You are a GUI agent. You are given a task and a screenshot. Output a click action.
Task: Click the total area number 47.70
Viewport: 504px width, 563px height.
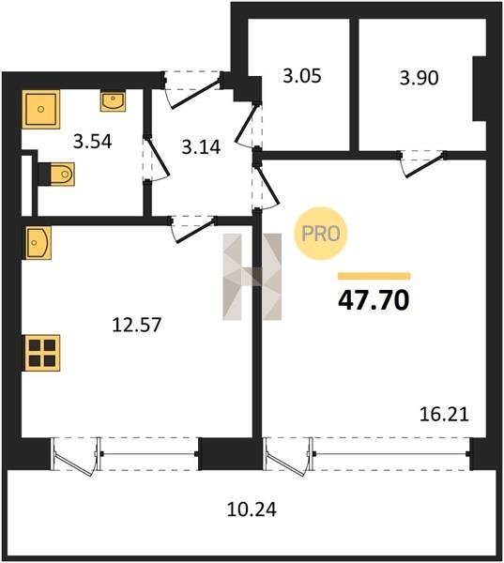[374, 300]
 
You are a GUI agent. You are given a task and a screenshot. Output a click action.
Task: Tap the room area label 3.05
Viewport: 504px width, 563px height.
[302, 76]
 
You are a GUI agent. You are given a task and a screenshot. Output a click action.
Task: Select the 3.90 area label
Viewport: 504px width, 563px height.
[419, 78]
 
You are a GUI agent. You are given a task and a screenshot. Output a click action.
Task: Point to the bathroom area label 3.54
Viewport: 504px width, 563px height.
[92, 141]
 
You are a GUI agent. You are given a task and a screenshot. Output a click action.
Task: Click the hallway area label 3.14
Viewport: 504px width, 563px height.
[201, 147]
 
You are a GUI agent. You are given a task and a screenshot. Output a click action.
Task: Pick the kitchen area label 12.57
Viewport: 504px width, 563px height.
[136, 325]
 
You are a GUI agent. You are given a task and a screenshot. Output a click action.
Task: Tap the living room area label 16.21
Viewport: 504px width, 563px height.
[444, 415]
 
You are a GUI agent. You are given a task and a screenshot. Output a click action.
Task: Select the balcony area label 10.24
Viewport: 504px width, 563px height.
[252, 510]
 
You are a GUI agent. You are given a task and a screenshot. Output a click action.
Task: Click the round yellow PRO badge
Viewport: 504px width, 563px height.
[321, 234]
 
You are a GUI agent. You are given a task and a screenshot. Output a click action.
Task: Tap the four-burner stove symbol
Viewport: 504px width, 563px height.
[41, 353]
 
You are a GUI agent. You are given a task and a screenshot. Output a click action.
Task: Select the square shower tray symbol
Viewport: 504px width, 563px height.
[40, 109]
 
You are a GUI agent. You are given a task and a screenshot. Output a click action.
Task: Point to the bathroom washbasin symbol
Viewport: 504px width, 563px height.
[113, 101]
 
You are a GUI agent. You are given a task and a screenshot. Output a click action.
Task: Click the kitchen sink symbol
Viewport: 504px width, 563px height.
[37, 242]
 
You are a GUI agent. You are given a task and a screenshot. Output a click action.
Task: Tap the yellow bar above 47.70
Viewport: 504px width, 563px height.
[374, 276]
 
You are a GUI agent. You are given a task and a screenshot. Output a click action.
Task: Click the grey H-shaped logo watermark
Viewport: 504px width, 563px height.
[252, 277]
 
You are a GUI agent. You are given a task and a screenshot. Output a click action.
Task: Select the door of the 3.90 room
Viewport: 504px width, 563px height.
[421, 163]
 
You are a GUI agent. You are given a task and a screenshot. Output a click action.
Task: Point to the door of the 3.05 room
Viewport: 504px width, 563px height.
[249, 125]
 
